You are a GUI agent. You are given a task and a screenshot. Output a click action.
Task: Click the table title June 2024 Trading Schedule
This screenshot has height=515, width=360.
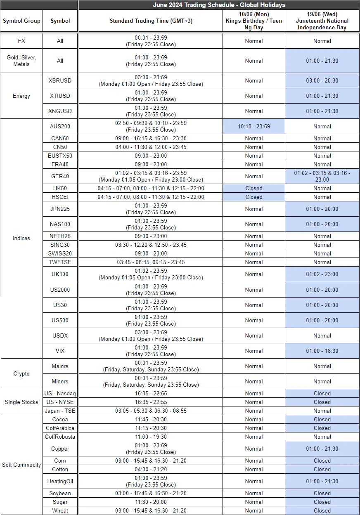(x=219, y=5)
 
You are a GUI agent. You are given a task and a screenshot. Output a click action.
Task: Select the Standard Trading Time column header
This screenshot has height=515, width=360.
(x=151, y=21)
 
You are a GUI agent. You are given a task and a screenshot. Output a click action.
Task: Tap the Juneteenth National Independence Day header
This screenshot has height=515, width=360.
(x=322, y=21)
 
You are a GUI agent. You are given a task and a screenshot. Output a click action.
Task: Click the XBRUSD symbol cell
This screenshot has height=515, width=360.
(x=60, y=80)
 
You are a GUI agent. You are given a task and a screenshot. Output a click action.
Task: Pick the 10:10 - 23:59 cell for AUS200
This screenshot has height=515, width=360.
(x=253, y=126)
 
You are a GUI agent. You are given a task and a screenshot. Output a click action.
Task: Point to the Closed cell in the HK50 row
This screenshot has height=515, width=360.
(x=253, y=188)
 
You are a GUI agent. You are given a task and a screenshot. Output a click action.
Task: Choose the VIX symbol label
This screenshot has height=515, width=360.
(x=60, y=351)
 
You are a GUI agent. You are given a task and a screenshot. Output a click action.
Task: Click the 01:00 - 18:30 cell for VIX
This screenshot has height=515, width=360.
(x=322, y=351)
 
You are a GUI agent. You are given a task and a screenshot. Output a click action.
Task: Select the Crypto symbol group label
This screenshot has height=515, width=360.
(x=21, y=373)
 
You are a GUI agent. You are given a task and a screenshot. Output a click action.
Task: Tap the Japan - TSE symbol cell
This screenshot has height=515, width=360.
(x=60, y=411)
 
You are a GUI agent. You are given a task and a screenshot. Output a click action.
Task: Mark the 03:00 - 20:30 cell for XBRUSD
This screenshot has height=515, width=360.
(x=322, y=80)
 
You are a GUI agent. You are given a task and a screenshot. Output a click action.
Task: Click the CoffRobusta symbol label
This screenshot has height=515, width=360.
(x=60, y=437)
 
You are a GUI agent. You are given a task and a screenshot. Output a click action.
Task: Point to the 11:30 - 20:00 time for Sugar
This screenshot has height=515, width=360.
(x=151, y=502)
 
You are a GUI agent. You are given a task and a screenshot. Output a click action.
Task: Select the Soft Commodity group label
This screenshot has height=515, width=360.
(x=21, y=465)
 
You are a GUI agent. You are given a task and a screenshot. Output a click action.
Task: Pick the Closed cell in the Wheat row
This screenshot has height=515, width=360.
(x=322, y=510)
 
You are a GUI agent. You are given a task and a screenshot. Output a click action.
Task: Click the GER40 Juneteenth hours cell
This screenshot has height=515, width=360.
(x=322, y=176)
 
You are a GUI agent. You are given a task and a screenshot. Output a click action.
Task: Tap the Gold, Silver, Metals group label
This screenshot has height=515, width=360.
(x=21, y=61)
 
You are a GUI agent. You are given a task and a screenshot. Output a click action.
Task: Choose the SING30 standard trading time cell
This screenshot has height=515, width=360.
(x=151, y=245)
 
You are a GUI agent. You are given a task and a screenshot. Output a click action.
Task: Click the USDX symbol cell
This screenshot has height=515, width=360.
(x=60, y=335)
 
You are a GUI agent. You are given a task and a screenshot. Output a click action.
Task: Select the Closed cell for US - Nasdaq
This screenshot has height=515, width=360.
(x=322, y=393)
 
